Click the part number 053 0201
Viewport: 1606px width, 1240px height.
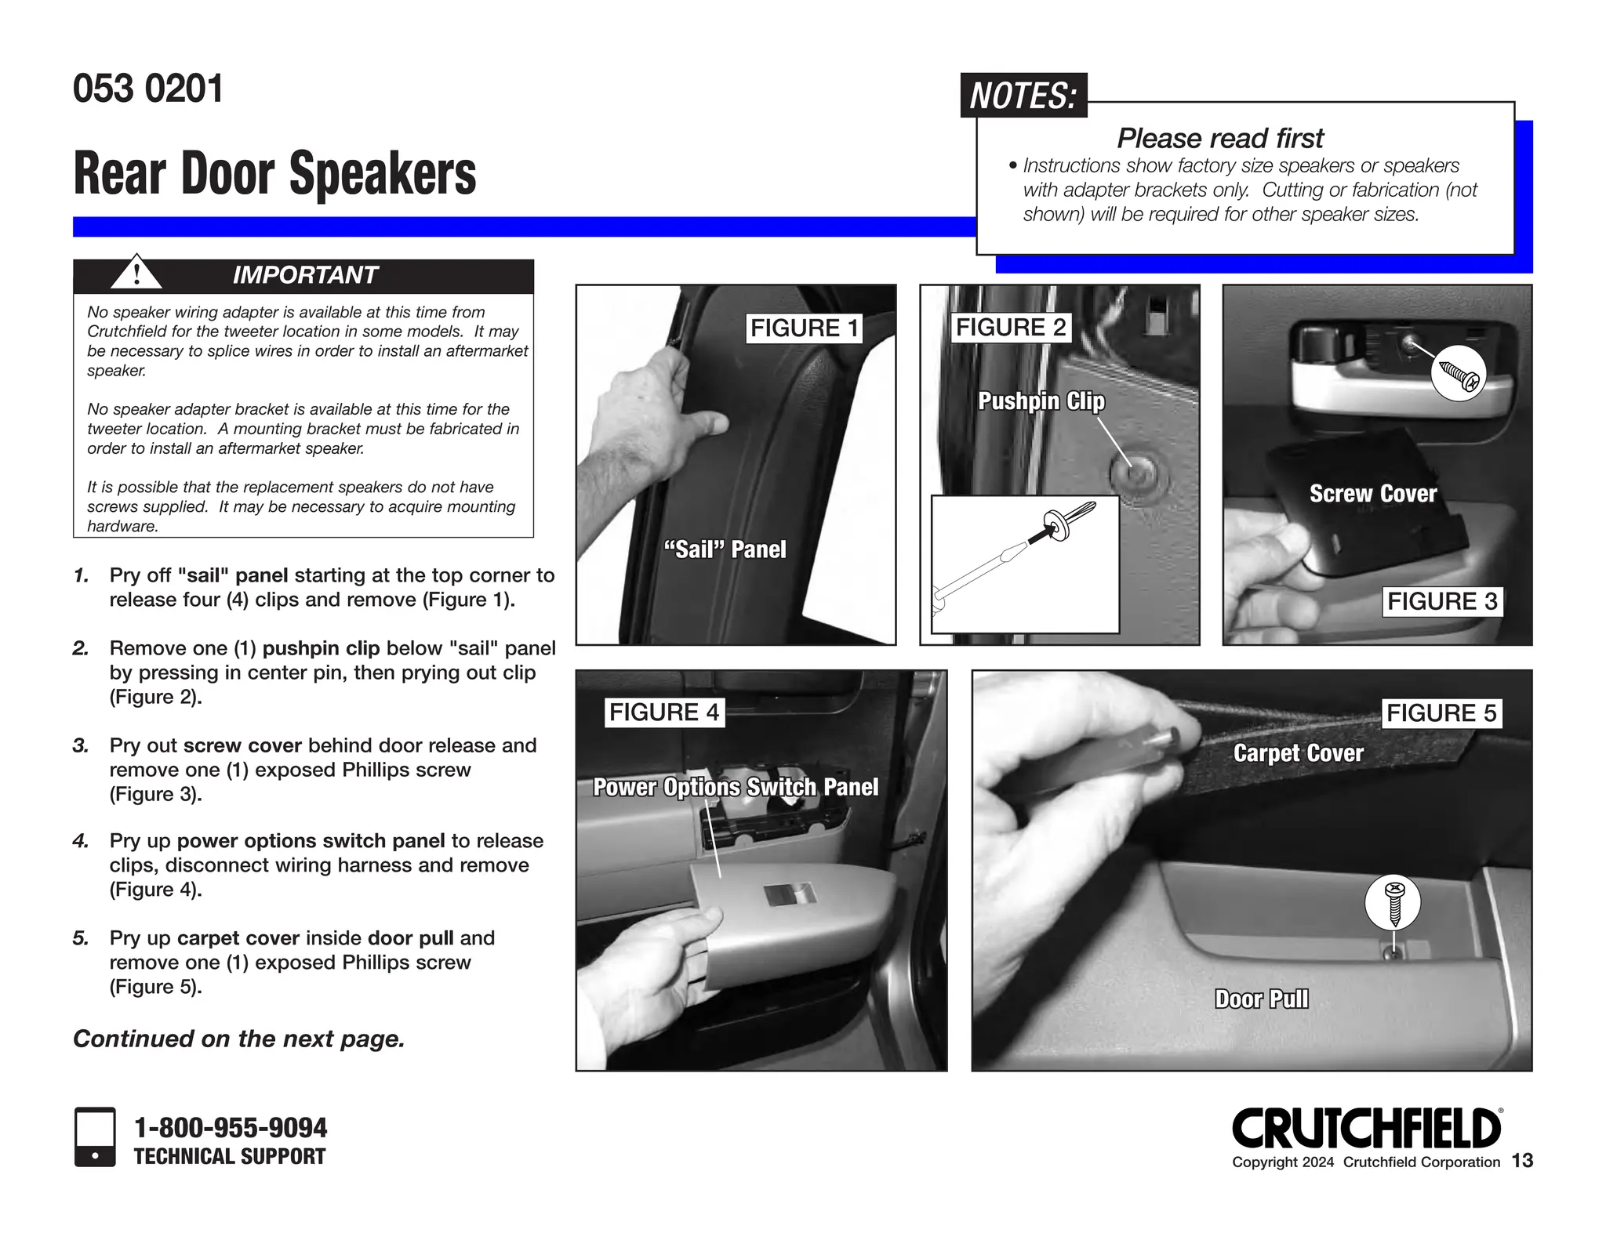click(x=148, y=89)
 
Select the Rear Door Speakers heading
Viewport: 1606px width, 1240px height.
click(x=274, y=173)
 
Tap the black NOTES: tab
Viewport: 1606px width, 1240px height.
click(x=1023, y=96)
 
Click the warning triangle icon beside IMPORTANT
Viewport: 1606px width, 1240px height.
click(x=136, y=274)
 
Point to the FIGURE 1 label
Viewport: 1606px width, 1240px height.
click(x=804, y=328)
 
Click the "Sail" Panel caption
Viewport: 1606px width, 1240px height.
click(x=725, y=549)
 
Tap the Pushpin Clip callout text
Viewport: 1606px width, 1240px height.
click(x=1041, y=401)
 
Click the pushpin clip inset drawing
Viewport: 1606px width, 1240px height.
click(x=1024, y=564)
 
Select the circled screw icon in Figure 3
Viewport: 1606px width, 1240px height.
click(x=1458, y=374)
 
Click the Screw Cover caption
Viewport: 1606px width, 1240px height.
click(x=1372, y=494)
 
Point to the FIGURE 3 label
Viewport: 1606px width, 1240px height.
click(x=1441, y=601)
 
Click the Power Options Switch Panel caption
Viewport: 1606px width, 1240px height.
click(x=736, y=787)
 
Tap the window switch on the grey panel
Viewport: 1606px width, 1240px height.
click(x=790, y=894)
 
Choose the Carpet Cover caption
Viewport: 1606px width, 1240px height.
click(x=1298, y=753)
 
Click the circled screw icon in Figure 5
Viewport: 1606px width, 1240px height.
click(x=1393, y=902)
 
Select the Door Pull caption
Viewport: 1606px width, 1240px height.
click(x=1261, y=999)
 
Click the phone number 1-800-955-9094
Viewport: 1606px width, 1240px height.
click(x=231, y=1128)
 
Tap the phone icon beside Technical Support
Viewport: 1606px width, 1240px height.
click(x=95, y=1137)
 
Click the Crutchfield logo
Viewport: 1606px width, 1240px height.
click(x=1366, y=1129)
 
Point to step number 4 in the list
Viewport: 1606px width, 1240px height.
click(x=81, y=841)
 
